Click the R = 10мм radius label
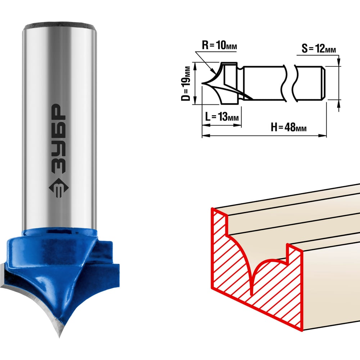219,45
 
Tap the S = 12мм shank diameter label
319,49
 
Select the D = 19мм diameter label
186,84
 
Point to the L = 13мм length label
222,117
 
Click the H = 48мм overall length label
289,127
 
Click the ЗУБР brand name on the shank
59,139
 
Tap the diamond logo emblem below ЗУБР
59,188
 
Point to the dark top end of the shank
59,25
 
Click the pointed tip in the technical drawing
202,83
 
